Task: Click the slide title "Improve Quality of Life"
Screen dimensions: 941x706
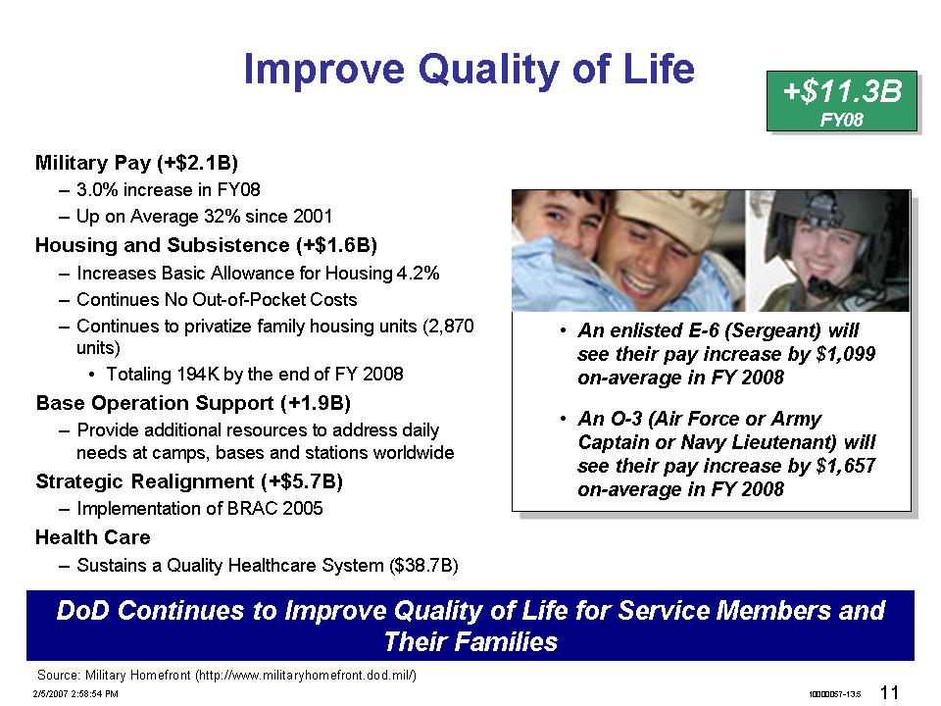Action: (x=469, y=70)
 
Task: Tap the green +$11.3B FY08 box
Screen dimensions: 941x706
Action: (x=841, y=101)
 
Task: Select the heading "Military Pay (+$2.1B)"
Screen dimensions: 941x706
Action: (x=137, y=163)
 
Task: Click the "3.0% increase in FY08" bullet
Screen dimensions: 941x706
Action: (x=169, y=189)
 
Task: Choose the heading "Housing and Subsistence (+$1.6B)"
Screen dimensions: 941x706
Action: (x=206, y=245)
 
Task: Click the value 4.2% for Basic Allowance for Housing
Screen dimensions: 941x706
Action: (x=419, y=274)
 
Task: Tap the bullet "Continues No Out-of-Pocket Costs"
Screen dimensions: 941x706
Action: (x=217, y=300)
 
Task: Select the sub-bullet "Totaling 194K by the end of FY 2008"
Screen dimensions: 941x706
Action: (x=255, y=374)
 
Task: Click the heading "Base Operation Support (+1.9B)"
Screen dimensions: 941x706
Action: (x=193, y=403)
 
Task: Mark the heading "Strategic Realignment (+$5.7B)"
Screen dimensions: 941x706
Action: (x=189, y=481)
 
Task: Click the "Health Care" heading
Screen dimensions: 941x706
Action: (x=93, y=537)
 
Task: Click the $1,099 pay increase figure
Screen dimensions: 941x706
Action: (x=846, y=354)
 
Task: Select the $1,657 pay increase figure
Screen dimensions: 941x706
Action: (x=846, y=466)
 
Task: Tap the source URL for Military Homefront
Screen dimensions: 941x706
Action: (x=307, y=676)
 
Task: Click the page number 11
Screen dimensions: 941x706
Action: (x=889, y=693)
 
